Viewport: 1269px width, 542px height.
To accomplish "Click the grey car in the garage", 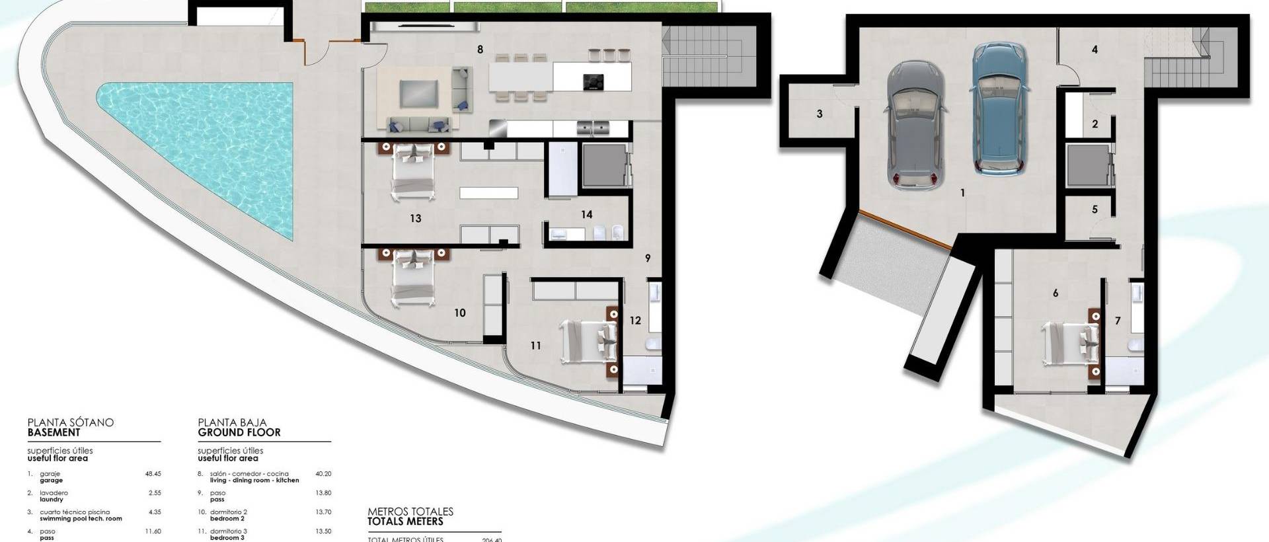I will click(x=915, y=126).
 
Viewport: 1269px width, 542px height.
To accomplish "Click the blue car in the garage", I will click(x=999, y=109).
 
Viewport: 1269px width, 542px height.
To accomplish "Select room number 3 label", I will click(x=820, y=114).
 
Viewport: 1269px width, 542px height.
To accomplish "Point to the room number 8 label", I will click(x=480, y=50).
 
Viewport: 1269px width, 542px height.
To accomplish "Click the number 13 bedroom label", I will click(x=415, y=218).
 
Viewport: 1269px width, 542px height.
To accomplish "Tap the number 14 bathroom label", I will click(x=586, y=214).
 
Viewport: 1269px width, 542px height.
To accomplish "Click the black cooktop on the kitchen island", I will click(x=594, y=81).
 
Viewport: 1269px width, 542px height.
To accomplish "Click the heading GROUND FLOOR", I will click(x=239, y=432).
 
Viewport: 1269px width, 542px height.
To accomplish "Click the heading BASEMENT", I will click(x=54, y=432).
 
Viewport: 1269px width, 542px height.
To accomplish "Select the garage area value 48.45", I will click(x=153, y=474).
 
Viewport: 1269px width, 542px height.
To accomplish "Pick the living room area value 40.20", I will click(x=323, y=474).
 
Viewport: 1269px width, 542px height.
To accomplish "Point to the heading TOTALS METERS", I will click(x=405, y=522).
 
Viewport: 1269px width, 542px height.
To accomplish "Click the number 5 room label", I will click(x=1095, y=210).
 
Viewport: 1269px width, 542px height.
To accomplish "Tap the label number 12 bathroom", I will click(x=634, y=321).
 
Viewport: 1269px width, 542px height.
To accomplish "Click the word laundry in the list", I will click(x=51, y=500).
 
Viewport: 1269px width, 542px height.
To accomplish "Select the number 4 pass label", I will click(x=1095, y=50).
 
